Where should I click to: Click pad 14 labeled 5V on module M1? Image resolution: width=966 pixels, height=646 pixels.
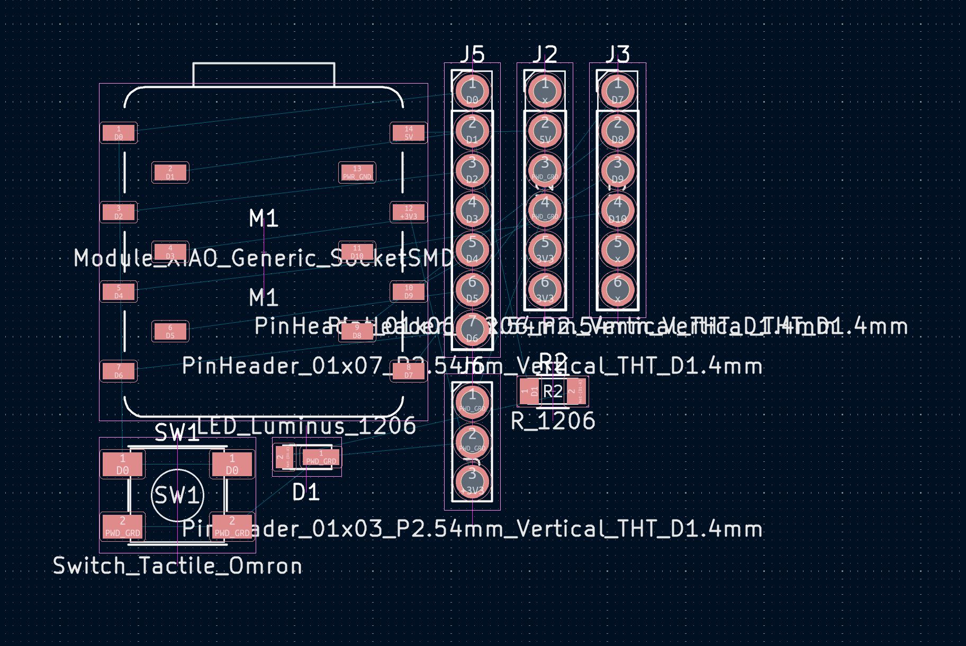(x=408, y=133)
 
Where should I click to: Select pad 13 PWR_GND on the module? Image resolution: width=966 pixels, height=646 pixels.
(x=357, y=172)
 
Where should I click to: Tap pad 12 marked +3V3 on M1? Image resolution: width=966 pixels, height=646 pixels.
(x=408, y=212)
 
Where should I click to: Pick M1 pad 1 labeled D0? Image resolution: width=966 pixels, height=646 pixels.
(x=119, y=133)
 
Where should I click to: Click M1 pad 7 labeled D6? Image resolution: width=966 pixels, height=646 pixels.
(x=119, y=371)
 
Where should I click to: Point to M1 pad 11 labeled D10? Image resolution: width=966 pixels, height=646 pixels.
(x=357, y=252)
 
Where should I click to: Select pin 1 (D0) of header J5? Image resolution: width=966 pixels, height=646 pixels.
(x=472, y=90)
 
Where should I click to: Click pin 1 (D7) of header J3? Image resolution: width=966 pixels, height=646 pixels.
(x=617, y=90)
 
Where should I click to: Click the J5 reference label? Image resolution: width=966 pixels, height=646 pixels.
(x=472, y=54)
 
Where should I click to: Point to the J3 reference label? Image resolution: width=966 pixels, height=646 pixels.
(x=617, y=54)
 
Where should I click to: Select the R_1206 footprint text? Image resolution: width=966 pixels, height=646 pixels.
(x=553, y=421)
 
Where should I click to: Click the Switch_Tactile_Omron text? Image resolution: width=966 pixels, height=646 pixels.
(x=178, y=566)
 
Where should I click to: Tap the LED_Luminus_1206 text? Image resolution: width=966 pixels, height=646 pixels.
(x=307, y=426)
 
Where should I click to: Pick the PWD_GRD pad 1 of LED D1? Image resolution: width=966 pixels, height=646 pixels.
(x=321, y=458)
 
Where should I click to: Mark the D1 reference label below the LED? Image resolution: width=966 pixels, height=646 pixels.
(x=306, y=493)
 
